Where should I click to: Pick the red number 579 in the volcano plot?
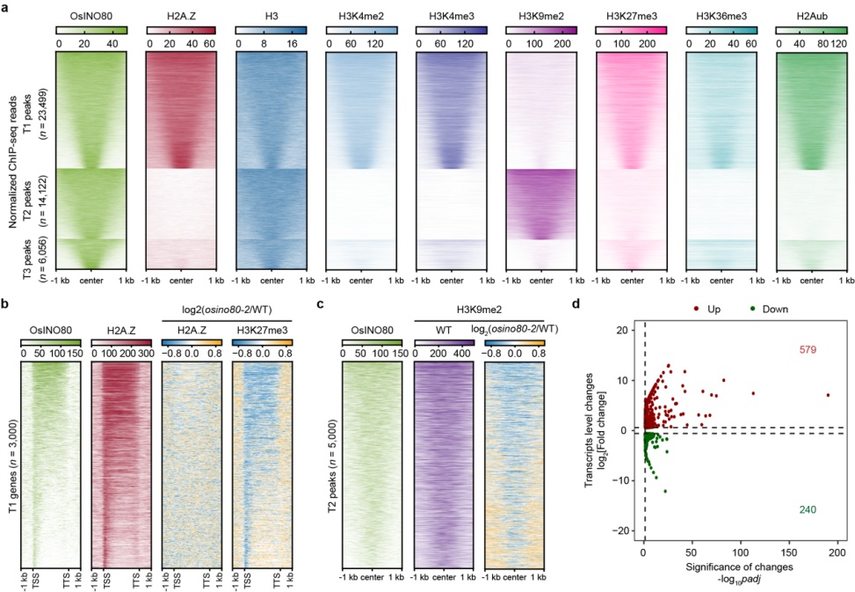coord(808,350)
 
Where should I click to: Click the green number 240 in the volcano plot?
coord(808,511)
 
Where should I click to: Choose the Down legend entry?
coord(772,309)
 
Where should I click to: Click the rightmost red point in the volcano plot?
coord(828,395)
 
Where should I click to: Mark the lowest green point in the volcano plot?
coord(665,491)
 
